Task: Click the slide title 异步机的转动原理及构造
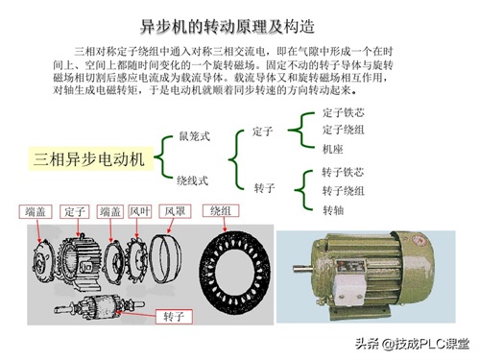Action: pyautogui.click(x=228, y=27)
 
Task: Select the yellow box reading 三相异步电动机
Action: pyautogui.click(x=90, y=158)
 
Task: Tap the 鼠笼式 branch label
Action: pyautogui.click(x=194, y=136)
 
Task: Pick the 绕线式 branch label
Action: pyautogui.click(x=192, y=180)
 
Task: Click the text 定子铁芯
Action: pyautogui.click(x=343, y=112)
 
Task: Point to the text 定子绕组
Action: pyautogui.click(x=343, y=130)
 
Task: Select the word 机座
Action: pyautogui.click(x=332, y=149)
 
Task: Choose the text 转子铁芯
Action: pyautogui.click(x=343, y=172)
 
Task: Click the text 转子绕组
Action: pyautogui.click(x=343, y=191)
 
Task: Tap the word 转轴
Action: pyautogui.click(x=333, y=210)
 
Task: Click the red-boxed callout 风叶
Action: pyautogui.click(x=140, y=211)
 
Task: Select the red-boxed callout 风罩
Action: pyautogui.click(x=175, y=211)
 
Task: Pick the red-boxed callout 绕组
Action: pyautogui.click(x=221, y=211)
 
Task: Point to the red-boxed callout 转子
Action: pyautogui.click(x=174, y=317)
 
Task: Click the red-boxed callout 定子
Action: pyautogui.click(x=74, y=211)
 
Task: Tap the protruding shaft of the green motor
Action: pyautogui.click(x=303, y=269)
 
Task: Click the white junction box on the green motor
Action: pyautogui.click(x=348, y=290)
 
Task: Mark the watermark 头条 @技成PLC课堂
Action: pyautogui.click(x=413, y=344)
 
